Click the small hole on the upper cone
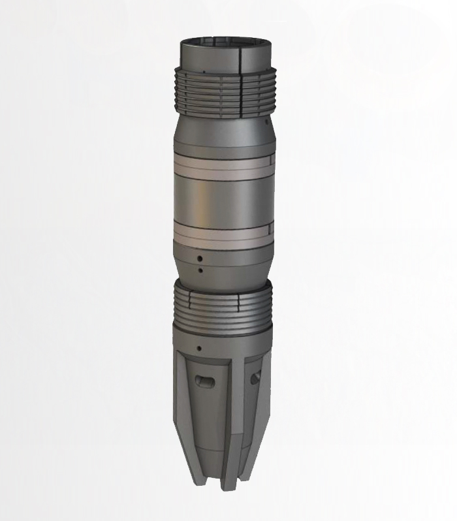268,122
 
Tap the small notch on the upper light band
270,161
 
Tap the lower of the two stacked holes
200,269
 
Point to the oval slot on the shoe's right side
255,377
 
